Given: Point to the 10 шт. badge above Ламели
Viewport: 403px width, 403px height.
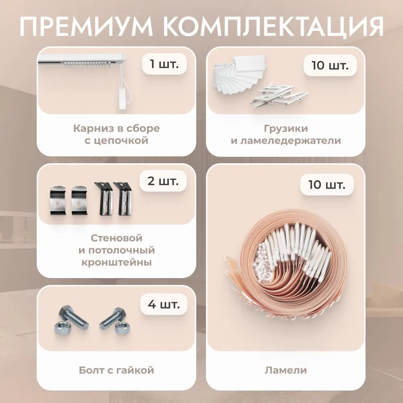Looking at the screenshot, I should tap(327, 185).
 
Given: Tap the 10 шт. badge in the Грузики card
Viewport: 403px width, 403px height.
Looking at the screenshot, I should tap(330, 65).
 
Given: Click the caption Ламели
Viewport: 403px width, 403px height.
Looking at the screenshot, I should tap(286, 370).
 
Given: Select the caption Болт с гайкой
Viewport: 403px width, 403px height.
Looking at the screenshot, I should tap(116, 370).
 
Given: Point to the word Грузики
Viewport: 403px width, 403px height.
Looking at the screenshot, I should tap(286, 129).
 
